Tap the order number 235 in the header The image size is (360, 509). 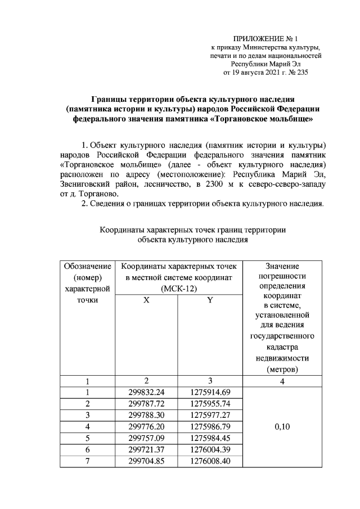point(302,73)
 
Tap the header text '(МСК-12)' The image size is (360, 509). point(177,288)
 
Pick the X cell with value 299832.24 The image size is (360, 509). point(146,392)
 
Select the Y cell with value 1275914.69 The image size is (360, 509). point(209,392)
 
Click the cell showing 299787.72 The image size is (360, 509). point(146,404)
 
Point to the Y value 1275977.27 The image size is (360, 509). point(209,415)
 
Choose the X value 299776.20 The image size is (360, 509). point(146,427)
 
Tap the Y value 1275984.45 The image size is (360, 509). point(209,438)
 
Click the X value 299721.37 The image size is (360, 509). point(146,450)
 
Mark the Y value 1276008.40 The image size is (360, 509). point(209,461)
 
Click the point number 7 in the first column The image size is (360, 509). point(87,461)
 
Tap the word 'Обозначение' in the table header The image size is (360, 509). point(87,265)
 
